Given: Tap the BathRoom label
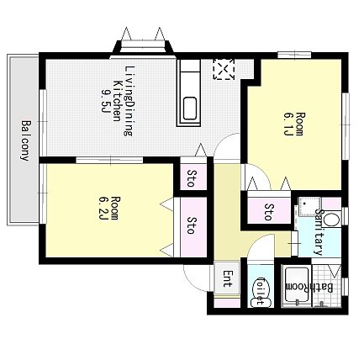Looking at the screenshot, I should [x=310, y=288].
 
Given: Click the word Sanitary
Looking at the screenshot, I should [x=319, y=231].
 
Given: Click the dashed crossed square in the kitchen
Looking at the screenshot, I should [x=224, y=69].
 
